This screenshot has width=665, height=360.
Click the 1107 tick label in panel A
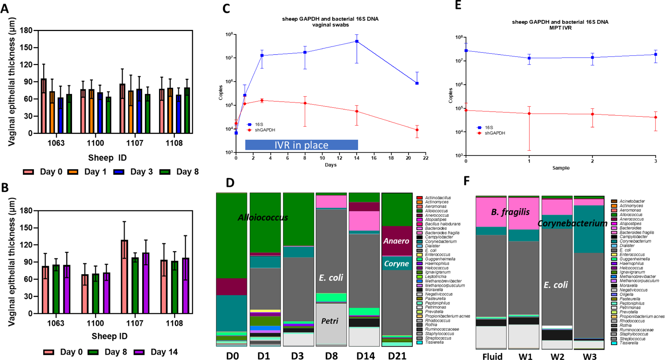(x=134, y=143)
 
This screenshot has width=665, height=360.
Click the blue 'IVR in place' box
(x=301, y=145)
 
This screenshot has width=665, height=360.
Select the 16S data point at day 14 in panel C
(x=357, y=41)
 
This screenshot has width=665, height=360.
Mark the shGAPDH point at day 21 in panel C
(x=417, y=130)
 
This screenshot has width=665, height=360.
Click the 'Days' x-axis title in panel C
(x=330, y=165)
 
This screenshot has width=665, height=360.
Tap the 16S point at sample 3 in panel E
(x=656, y=54)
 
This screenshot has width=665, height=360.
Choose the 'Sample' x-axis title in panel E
(x=561, y=168)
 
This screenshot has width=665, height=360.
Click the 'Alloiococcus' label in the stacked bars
(x=263, y=217)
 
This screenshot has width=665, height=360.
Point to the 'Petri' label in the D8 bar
(x=330, y=321)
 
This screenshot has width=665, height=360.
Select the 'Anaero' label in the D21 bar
(x=396, y=241)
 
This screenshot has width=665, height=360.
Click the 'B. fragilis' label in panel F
(x=510, y=212)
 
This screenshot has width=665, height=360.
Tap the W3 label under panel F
(x=589, y=356)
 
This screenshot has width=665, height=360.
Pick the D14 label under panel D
(x=365, y=356)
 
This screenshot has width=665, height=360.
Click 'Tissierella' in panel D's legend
(x=434, y=342)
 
